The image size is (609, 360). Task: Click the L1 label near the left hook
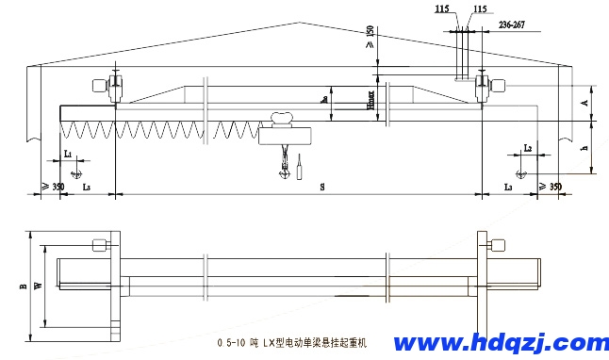[x=68, y=152]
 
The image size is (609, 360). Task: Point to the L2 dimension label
[x=528, y=149]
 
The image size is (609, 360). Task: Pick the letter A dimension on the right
[x=585, y=101]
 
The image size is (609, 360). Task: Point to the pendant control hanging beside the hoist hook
[x=300, y=171]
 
